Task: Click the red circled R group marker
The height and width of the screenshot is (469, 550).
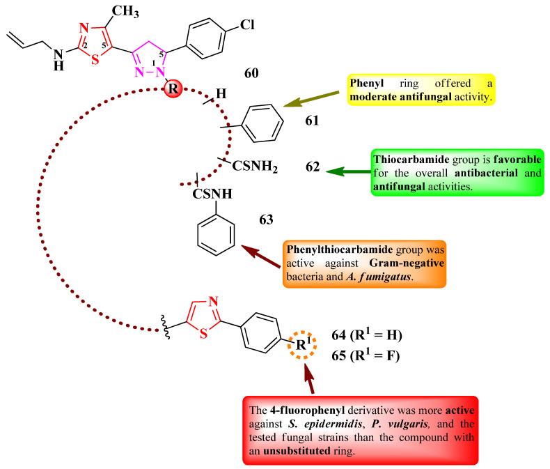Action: [172, 90]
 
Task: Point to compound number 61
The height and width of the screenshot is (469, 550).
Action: [312, 121]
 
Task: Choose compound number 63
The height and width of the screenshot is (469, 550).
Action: [267, 222]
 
